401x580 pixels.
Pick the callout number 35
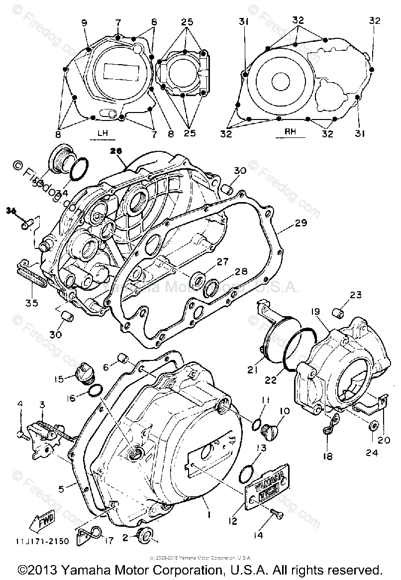coord(31,301)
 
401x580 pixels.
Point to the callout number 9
coord(83,22)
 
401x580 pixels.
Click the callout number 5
coord(61,489)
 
